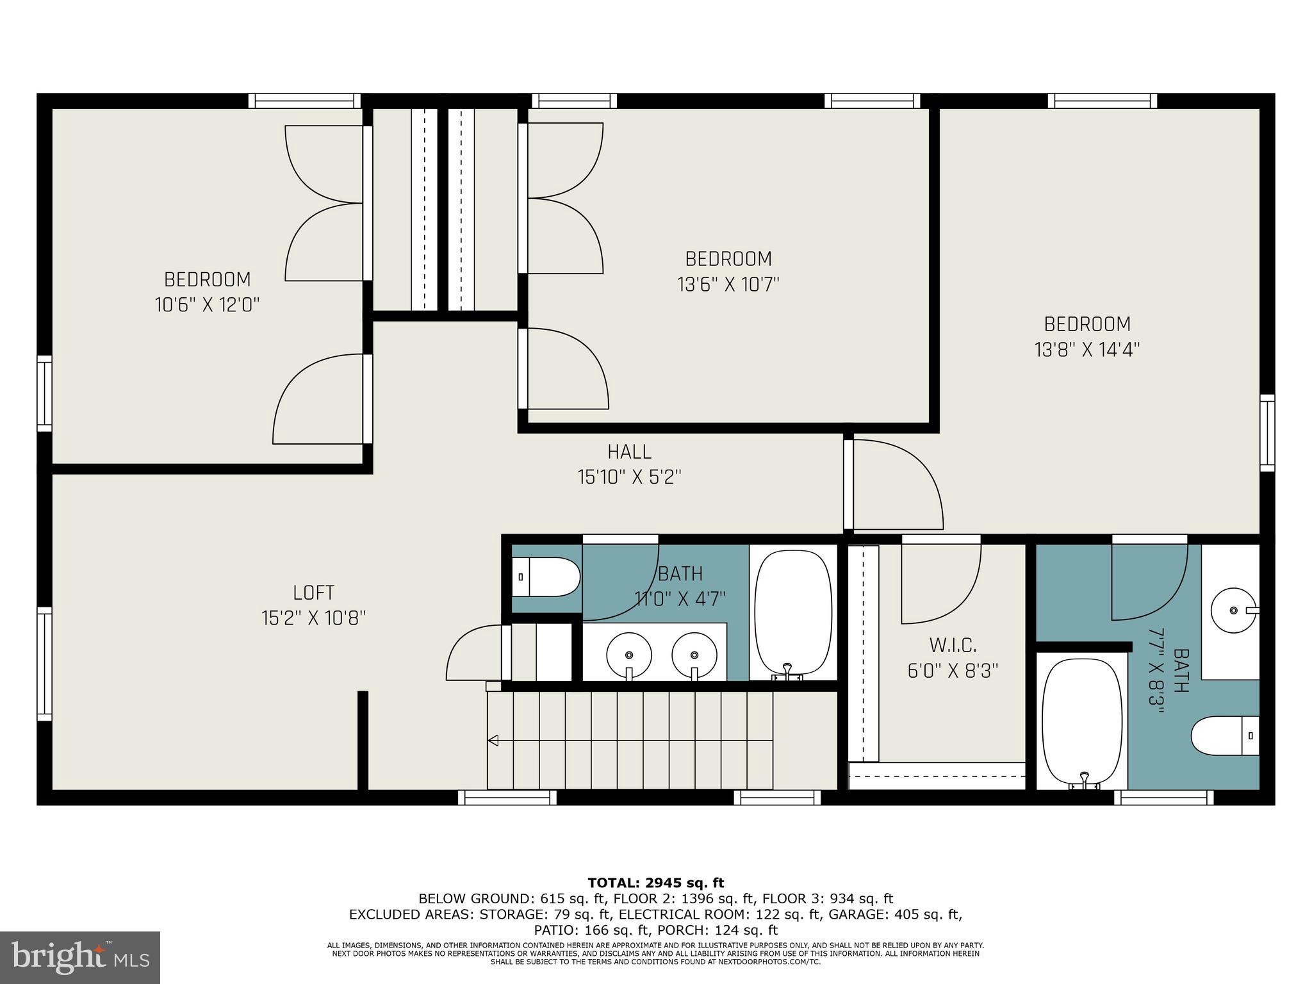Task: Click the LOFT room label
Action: tap(313, 593)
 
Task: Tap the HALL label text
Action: tap(629, 452)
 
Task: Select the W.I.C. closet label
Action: tap(953, 644)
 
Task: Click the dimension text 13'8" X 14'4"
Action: tap(1087, 350)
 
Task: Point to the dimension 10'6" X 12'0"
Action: tap(207, 305)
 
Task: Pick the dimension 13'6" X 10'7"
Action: tap(728, 284)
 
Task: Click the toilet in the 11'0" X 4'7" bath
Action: tap(546, 577)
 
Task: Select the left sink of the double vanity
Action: tap(629, 655)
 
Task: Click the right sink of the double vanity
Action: tap(694, 655)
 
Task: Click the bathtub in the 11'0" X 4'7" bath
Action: tap(793, 614)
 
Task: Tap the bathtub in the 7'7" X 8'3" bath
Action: tap(1082, 723)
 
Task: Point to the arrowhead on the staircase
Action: tap(493, 741)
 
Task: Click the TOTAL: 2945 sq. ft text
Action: tap(655, 883)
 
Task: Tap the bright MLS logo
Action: tap(80, 957)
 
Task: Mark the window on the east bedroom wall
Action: tap(1267, 433)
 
